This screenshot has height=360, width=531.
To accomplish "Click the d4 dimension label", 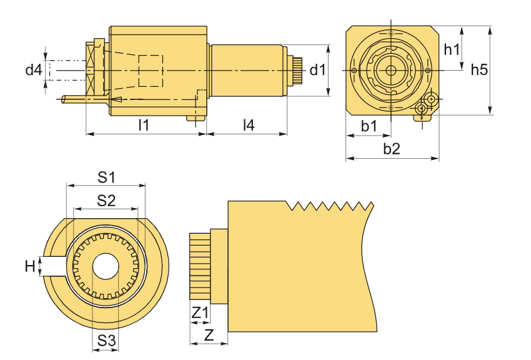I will [33, 69].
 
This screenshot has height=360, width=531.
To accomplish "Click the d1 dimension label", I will [318, 69].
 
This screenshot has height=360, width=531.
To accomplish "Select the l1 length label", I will [144, 124].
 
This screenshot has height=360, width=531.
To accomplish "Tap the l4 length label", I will [249, 124].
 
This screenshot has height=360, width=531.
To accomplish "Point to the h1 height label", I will [452, 49].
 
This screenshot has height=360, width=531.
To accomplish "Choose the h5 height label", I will [479, 69].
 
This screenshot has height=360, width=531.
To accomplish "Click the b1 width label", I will [369, 126].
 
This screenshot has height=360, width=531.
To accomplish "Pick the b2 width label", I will [392, 149].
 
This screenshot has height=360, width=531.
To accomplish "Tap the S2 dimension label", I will [106, 200].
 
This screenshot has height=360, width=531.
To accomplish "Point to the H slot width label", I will [29, 267].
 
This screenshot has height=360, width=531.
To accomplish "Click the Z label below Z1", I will [209, 334].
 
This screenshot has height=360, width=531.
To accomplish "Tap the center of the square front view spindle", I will [391, 70].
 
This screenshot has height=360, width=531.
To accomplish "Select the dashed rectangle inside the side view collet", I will [150, 71].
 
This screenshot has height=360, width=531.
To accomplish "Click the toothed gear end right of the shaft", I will [296, 70].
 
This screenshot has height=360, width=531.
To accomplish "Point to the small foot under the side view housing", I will [196, 117].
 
